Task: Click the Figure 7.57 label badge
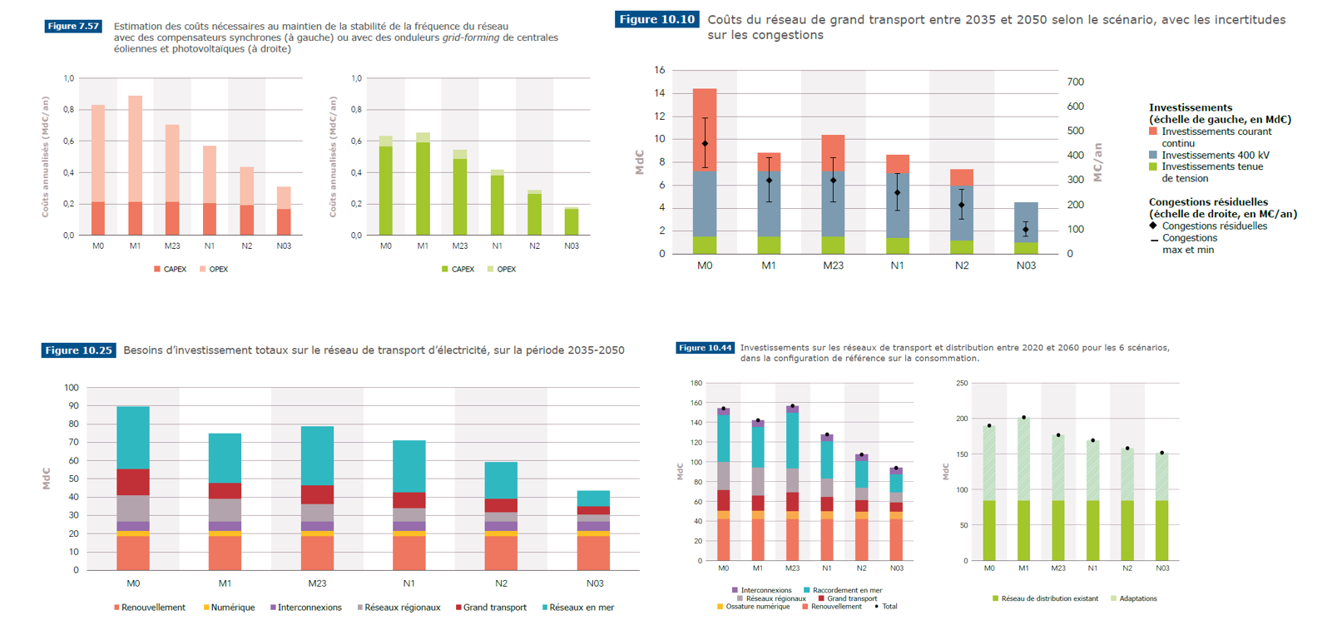click(x=73, y=27)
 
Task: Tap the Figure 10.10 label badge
click(x=656, y=19)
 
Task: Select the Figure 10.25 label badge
click(x=78, y=350)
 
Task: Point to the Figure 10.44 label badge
click(x=705, y=348)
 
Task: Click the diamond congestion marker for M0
click(x=705, y=144)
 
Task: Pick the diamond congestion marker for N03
click(x=1026, y=230)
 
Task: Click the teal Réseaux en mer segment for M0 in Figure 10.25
click(x=133, y=438)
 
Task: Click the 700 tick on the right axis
click(x=1076, y=82)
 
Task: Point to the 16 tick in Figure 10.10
click(x=660, y=70)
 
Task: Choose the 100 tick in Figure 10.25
click(x=72, y=388)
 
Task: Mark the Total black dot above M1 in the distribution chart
click(x=1023, y=418)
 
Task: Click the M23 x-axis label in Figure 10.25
click(x=317, y=583)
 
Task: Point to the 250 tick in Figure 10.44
click(x=962, y=384)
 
